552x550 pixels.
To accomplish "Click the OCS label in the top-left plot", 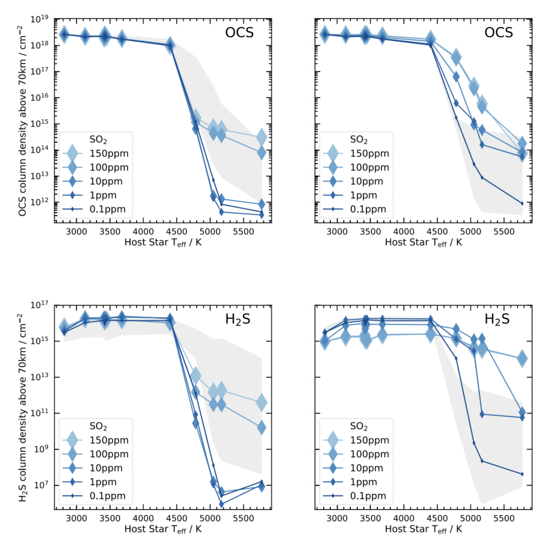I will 239,33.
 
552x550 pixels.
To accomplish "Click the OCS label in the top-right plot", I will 499,33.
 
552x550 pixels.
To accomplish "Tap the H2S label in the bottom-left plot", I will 238,319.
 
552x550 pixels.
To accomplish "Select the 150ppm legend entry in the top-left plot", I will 109,154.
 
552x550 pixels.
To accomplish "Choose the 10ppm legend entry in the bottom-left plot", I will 106,468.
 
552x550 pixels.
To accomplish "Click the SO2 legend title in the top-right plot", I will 359,140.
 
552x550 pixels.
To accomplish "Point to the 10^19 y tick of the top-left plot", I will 40,20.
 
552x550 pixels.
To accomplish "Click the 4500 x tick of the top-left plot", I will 177,232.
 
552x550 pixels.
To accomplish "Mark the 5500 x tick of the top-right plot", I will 504,232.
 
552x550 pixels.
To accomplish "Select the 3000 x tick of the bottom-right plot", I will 337,518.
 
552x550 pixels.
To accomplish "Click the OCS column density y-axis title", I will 22,121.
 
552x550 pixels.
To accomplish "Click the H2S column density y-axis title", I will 22,407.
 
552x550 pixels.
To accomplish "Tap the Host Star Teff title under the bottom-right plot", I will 423,529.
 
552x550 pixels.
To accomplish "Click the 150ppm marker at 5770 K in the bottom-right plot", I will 522,359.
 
